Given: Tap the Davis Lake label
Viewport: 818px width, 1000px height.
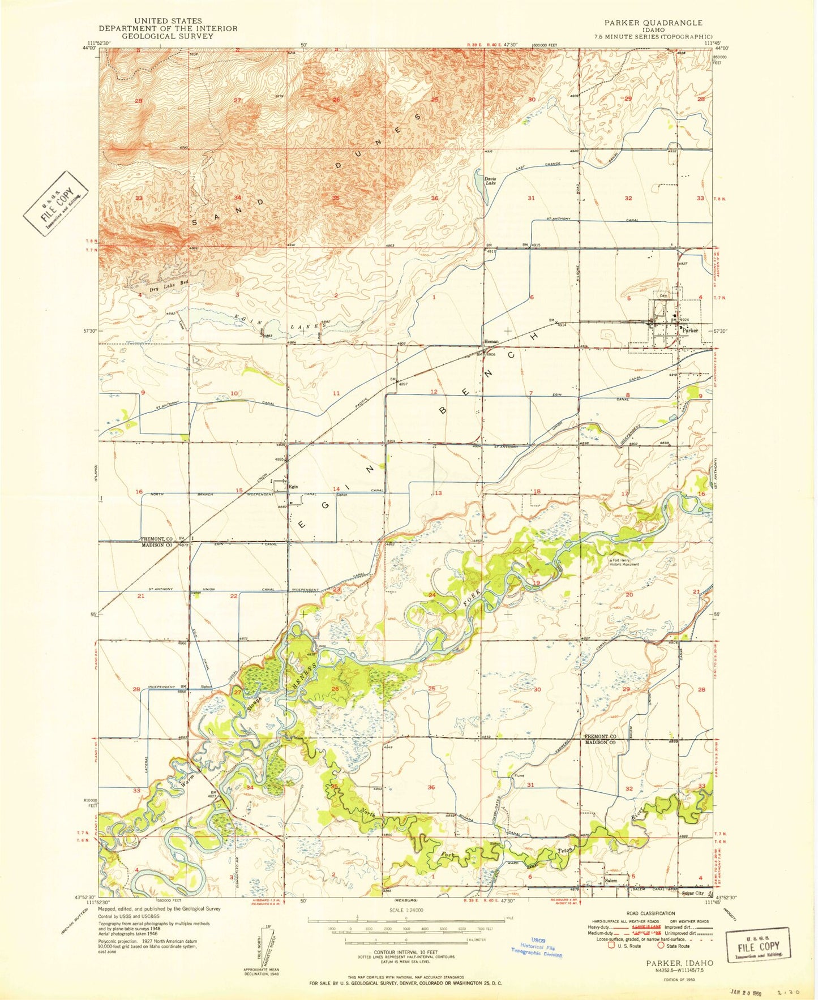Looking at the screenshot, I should click(490, 181).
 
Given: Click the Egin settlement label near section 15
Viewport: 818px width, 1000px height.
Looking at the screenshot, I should click(293, 486).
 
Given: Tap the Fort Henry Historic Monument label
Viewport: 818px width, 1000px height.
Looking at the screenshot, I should click(624, 563).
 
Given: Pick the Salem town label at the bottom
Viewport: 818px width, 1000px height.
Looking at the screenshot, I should click(611, 881).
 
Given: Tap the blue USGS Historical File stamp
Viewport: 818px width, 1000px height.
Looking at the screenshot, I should click(538, 947).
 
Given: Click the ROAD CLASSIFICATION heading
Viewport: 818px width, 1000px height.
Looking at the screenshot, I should click(650, 913).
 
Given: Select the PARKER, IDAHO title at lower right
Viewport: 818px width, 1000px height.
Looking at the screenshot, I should click(679, 963).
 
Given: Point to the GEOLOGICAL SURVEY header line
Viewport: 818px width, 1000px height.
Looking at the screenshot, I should click(168, 36).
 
